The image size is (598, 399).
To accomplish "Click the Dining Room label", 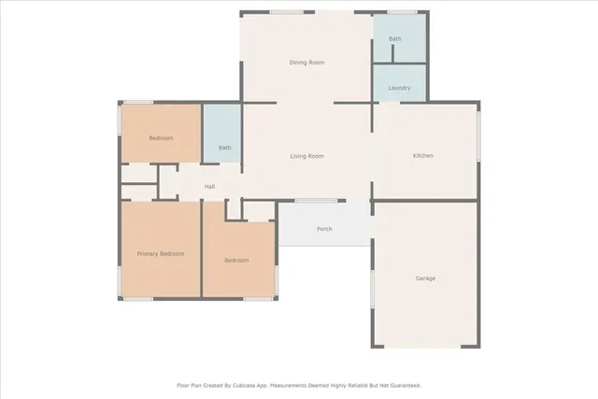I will (306, 63).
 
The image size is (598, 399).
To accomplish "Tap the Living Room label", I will (306, 156).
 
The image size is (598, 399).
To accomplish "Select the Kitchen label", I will (423, 156).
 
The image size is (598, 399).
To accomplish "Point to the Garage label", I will (425, 278).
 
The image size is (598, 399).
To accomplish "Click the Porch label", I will (324, 229).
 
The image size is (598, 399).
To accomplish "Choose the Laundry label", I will (400, 88).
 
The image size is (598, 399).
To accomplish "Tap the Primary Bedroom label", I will (161, 254).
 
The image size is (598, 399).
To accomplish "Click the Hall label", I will (210, 187).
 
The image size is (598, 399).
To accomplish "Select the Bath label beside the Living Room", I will (224, 148).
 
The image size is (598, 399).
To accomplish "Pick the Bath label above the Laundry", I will (395, 39).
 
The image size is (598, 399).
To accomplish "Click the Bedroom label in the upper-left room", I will (161, 138).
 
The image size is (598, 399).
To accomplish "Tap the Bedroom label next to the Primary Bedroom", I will (236, 261).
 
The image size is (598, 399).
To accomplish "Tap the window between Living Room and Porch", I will (316, 201).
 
